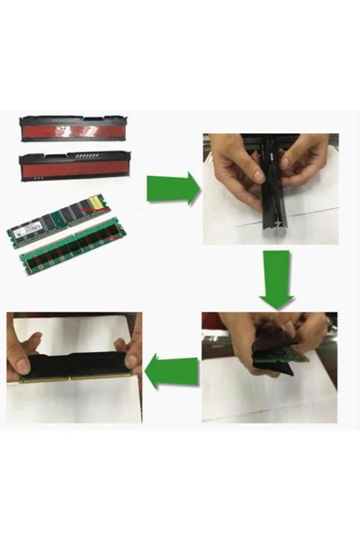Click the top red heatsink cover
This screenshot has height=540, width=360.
point(73,130)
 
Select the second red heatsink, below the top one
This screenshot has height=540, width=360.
point(74,166)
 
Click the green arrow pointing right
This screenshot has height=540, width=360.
point(173,188)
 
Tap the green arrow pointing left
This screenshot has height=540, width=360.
point(171,372)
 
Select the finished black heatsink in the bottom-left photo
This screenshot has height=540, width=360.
point(73,366)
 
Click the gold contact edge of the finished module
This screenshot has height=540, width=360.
point(73,379)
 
